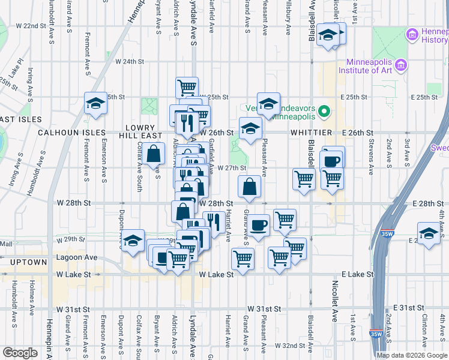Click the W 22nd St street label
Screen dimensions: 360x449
(31, 26)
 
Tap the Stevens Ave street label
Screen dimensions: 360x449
(372, 151)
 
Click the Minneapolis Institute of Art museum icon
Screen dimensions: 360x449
(401, 64)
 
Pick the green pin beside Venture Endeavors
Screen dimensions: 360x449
(324, 112)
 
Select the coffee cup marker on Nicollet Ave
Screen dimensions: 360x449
(333, 160)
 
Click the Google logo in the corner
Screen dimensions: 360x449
(20, 353)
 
